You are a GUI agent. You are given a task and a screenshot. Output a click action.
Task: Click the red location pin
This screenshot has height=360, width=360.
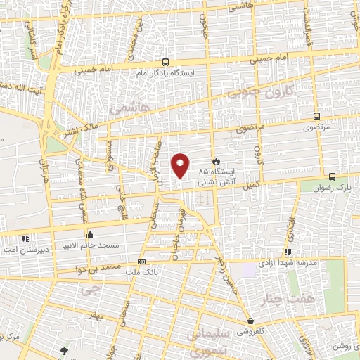[x=181, y=165]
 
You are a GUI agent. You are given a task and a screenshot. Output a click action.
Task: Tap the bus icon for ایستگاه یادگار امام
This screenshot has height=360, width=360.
[x=165, y=62]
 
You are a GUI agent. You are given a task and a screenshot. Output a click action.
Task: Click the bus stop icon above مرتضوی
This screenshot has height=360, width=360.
[x=316, y=117]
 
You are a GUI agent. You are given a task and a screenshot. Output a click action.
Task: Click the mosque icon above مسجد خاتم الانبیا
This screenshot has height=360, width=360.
[x=89, y=234]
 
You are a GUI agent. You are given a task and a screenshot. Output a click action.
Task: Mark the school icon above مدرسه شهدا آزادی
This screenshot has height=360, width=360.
[x=287, y=252]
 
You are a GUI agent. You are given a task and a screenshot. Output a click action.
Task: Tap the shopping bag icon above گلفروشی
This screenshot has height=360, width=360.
[x=251, y=321]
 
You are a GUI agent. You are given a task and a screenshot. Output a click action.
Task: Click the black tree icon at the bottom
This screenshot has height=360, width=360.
[x=65, y=351]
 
